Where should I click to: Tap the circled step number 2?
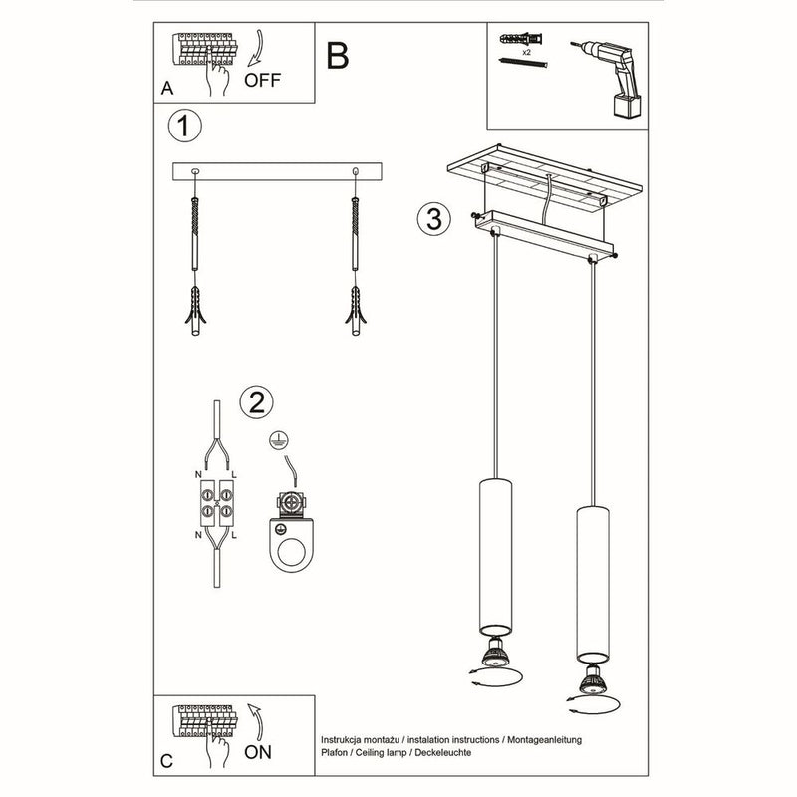point(256,401)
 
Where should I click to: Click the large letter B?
point(338,57)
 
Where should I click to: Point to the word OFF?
point(262,82)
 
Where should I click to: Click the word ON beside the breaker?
point(257,752)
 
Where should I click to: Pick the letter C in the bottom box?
point(166,763)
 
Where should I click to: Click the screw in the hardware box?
point(523,63)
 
